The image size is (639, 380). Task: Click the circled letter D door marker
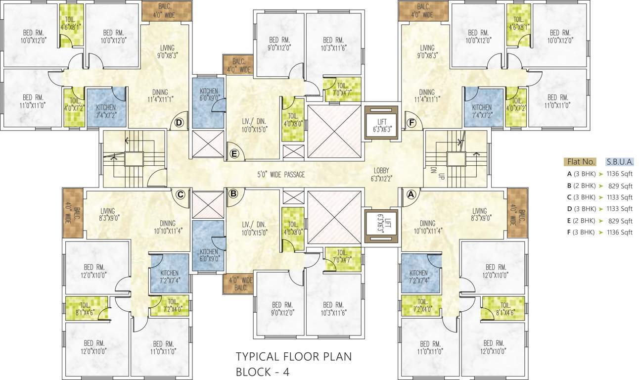(x=180, y=122)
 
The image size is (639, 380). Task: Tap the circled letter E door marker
(x=235, y=154)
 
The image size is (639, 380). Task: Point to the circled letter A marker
(x=410, y=195)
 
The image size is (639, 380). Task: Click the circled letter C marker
(x=181, y=195)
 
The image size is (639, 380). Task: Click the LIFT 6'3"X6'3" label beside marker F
(x=381, y=125)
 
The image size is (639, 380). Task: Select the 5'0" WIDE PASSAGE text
(x=280, y=174)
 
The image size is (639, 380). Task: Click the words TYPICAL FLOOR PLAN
(x=294, y=357)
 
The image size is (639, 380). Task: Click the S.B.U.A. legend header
(x=620, y=162)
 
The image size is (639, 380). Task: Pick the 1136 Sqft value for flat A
(x=621, y=174)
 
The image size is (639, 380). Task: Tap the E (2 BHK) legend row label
(x=581, y=221)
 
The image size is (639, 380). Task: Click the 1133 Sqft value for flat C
(x=621, y=197)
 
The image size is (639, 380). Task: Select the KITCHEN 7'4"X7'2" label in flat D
(x=106, y=111)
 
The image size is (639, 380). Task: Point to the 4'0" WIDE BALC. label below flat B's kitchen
(x=239, y=284)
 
